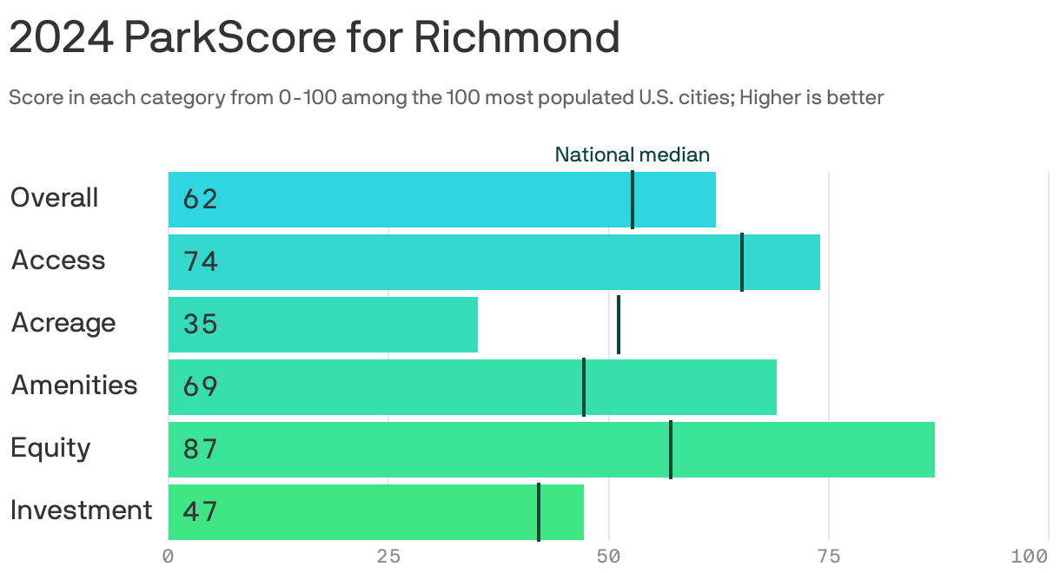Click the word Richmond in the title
click(516, 37)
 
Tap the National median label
click(632, 155)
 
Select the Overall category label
click(54, 198)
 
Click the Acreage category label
click(63, 323)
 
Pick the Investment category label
click(81, 510)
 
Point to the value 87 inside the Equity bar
click(200, 450)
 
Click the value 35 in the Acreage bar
click(200, 325)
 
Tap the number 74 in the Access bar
click(200, 262)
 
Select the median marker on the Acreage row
click(619, 325)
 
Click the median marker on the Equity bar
click(671, 450)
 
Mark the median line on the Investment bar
click(539, 512)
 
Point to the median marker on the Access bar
click(742, 262)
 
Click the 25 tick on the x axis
click(388, 556)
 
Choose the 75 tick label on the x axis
click(829, 556)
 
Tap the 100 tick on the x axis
click(1034, 556)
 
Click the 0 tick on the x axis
click(169, 556)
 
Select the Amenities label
click(74, 385)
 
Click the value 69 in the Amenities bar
click(200, 387)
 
